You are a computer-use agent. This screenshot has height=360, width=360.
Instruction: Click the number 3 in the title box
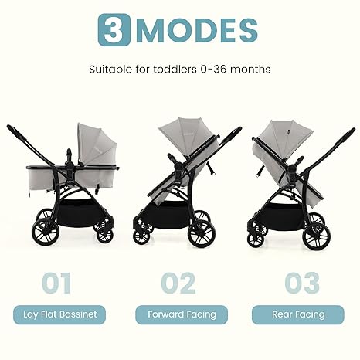(114, 29)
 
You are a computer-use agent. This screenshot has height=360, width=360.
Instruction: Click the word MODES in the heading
(195, 29)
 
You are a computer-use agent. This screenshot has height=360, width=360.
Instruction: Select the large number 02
(178, 283)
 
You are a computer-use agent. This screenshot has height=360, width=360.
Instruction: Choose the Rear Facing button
(298, 314)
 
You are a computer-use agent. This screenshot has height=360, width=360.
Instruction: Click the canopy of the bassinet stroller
(97, 143)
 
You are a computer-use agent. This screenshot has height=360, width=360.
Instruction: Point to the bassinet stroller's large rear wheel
(44, 233)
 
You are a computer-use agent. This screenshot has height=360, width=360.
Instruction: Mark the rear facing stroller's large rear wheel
(317, 235)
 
